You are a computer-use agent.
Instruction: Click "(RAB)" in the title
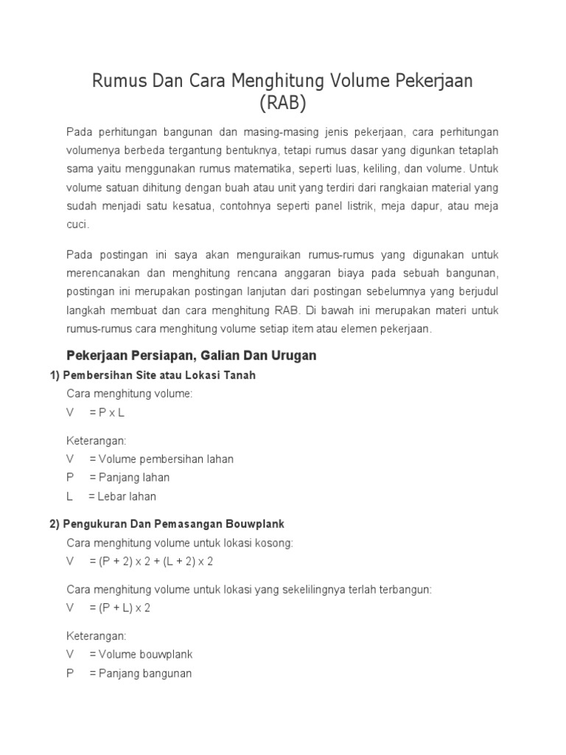point(282,102)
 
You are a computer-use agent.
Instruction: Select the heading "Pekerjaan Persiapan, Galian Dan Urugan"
point(191,355)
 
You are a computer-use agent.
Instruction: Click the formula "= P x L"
point(107,412)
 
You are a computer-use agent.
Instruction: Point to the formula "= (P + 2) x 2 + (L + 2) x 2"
point(151,561)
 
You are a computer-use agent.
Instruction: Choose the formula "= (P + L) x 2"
point(119,608)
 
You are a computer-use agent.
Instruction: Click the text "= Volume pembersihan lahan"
point(161,459)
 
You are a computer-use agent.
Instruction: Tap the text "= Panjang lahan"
point(129,477)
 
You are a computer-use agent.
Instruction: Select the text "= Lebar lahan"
point(122,496)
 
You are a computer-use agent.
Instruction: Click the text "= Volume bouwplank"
point(141,654)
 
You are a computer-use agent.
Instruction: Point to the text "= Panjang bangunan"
point(140,672)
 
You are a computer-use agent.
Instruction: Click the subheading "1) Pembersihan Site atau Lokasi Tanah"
point(153,375)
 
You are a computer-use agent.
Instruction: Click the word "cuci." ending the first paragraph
point(77,224)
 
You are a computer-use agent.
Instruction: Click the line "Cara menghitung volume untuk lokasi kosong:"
point(180,543)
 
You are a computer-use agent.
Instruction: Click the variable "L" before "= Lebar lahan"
point(69,496)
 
